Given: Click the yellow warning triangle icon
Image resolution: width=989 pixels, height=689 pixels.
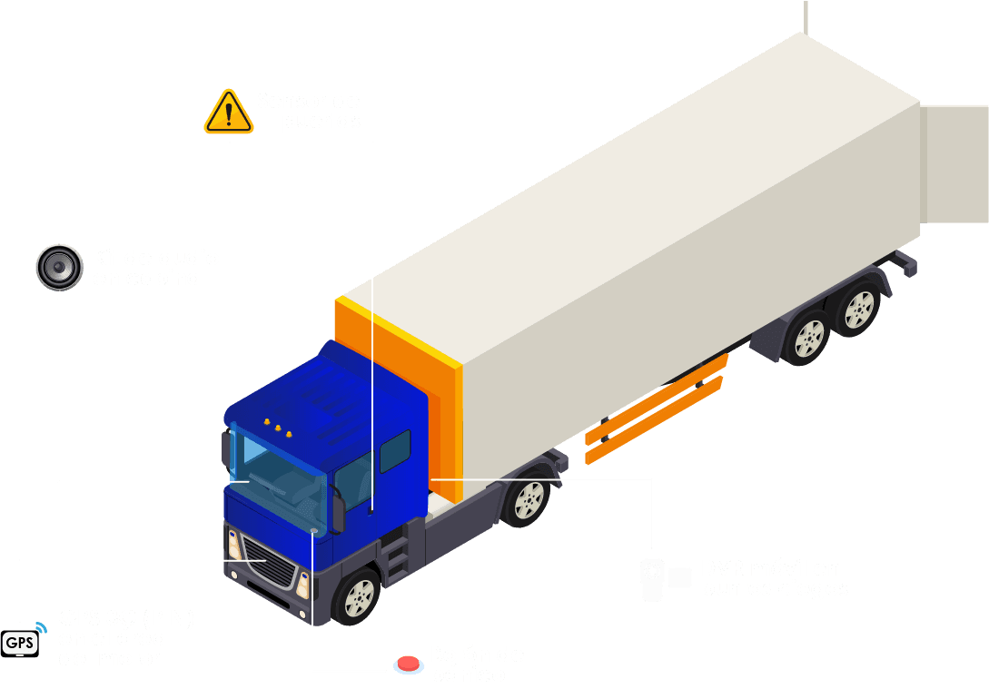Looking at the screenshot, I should pyautogui.click(x=229, y=113).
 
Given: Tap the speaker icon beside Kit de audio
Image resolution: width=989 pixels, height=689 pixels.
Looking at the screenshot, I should pyautogui.click(x=60, y=267).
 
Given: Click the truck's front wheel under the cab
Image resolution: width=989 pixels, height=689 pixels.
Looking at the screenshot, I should pyautogui.click(x=359, y=596).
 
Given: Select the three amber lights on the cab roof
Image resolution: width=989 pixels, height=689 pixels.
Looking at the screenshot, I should pyautogui.click(x=277, y=428).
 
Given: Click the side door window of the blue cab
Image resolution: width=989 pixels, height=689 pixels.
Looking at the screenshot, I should pyautogui.click(x=395, y=449).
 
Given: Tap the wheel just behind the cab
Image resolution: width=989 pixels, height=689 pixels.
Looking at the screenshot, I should pyautogui.click(x=527, y=500).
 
